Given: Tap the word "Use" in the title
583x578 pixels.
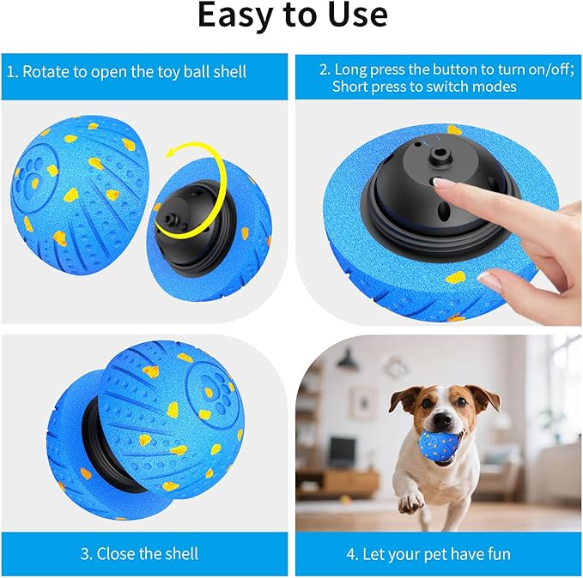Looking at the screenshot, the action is (x=357, y=15).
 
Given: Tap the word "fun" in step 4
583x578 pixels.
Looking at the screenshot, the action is (x=499, y=554).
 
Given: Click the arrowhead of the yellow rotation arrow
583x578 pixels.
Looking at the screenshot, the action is (x=172, y=152).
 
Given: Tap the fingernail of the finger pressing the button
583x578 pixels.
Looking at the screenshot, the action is (x=440, y=182).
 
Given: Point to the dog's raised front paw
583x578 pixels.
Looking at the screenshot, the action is (x=410, y=503).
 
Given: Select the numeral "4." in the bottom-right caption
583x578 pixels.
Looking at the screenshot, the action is (x=352, y=554).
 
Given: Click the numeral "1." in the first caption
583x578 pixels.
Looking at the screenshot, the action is (x=13, y=72).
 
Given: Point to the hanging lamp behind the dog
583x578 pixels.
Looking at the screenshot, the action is (x=348, y=358).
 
